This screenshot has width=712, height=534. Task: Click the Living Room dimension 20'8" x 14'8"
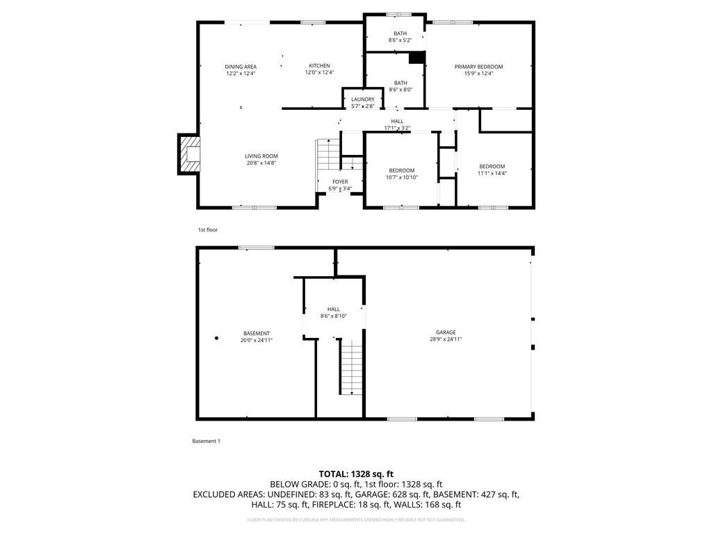pyautogui.click(x=261, y=163)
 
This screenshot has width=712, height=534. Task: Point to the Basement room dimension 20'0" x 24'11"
pyautogui.click(x=257, y=340)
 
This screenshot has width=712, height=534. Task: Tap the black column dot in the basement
pyautogui.click(x=216, y=338)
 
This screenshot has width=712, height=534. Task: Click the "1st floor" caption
pyautogui.click(x=208, y=229)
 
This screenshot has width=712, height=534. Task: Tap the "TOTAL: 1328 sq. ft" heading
pyautogui.click(x=356, y=474)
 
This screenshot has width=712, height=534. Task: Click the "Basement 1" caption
pyautogui.click(x=206, y=441)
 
